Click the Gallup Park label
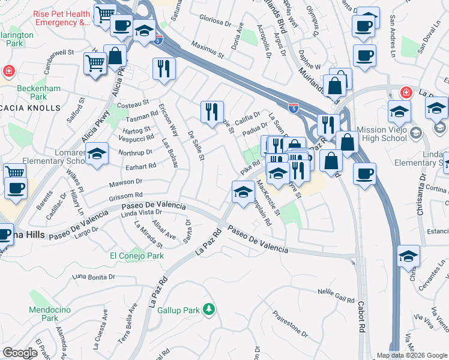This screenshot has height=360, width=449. coord(178,311)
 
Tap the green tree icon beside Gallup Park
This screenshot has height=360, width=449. coord(208,309)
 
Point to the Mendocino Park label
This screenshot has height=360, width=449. coord(46,314)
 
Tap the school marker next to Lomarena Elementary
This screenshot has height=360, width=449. coord(97,154)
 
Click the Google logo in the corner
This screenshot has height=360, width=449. coord(20,353)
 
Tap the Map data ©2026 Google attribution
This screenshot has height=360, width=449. coord(412,355)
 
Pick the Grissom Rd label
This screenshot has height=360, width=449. coord(125,196)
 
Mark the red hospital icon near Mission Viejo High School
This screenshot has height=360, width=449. coord(406,92)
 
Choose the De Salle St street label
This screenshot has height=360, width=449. coord(196,145)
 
